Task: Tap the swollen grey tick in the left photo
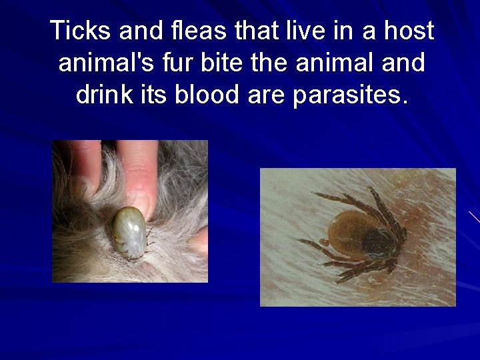[x=128, y=231]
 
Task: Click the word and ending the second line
[x=401, y=63]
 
